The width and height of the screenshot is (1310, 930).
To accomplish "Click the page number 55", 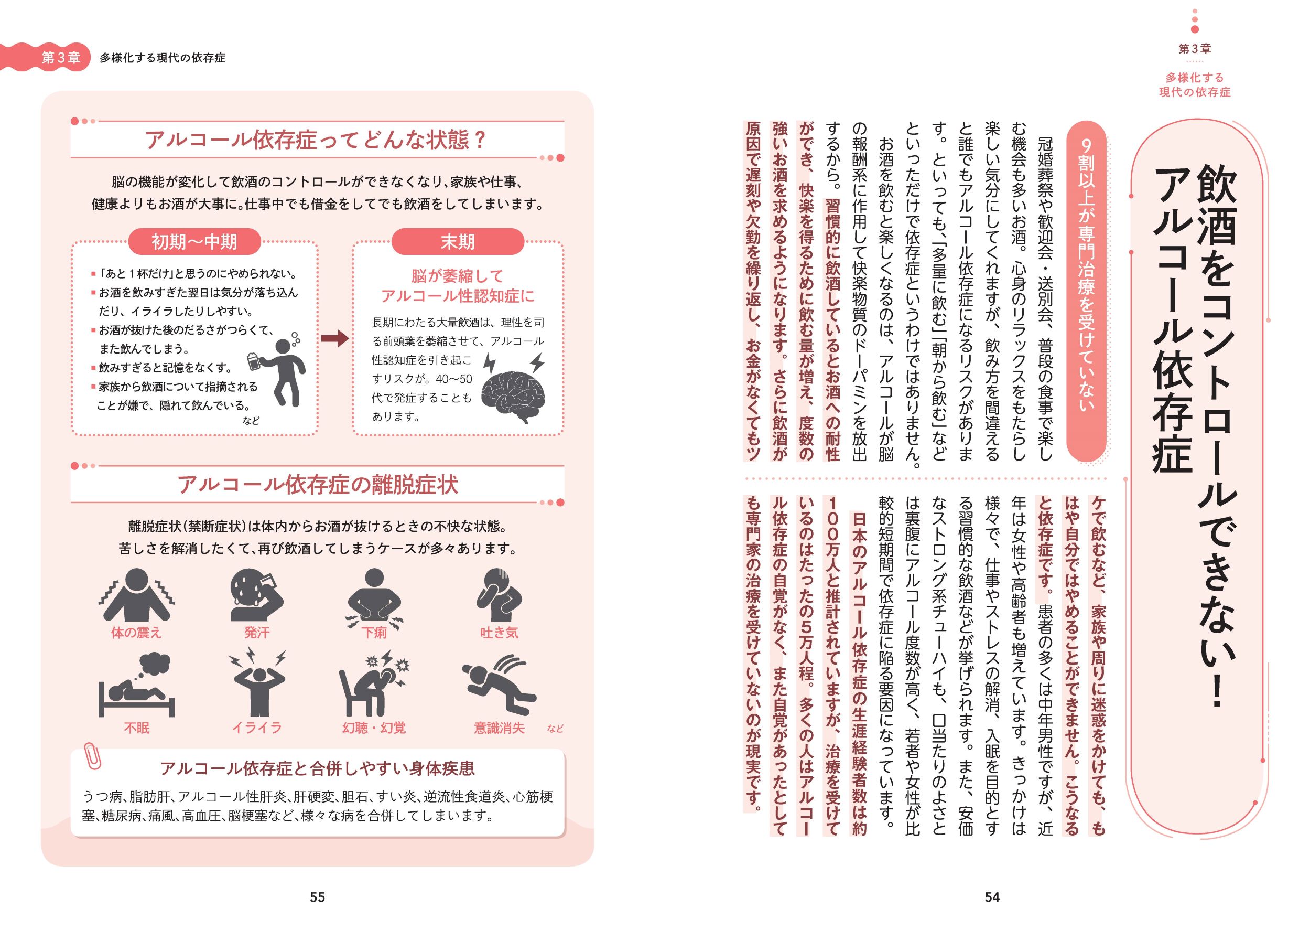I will [317, 897].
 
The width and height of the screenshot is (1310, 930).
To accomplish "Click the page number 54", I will [992, 897].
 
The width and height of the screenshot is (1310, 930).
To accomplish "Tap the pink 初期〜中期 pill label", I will [194, 242].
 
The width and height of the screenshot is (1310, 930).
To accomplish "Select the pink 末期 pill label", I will [457, 242].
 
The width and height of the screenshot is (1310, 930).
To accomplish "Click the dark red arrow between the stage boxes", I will [335, 339].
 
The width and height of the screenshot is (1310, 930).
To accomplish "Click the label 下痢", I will [374, 633].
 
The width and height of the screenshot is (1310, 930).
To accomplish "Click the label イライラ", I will [256, 728].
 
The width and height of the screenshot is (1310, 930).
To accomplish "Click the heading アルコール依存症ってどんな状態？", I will [316, 140].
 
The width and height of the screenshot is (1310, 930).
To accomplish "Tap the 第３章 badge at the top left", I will [61, 58].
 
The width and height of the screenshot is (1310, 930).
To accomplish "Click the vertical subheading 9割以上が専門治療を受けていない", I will [1086, 298].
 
